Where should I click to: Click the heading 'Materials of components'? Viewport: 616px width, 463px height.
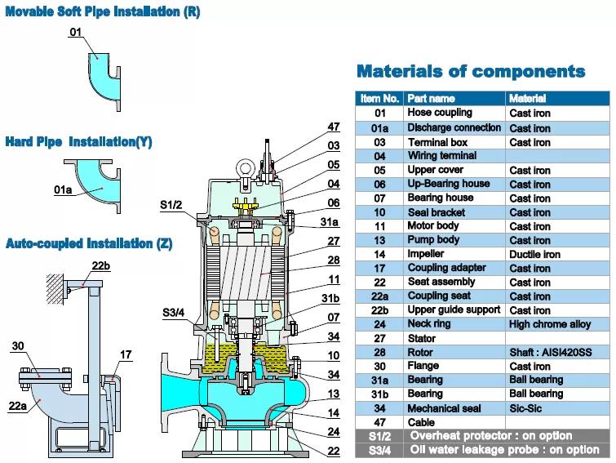[471, 71]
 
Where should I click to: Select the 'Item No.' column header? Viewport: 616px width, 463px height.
[379, 99]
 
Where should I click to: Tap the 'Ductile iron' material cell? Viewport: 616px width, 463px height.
[534, 255]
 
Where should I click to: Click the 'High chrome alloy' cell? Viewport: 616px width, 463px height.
[550, 325]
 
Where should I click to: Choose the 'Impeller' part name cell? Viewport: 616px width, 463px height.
[428, 254]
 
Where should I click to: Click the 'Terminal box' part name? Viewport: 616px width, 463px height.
[438, 142]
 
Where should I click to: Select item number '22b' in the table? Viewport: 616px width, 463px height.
[380, 310]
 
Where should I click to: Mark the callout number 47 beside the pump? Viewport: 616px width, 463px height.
[334, 127]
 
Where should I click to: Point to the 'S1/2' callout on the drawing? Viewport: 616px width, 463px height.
[171, 204]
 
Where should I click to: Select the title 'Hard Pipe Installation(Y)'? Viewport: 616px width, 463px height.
[78, 142]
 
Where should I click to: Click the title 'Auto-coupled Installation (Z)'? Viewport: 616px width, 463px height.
[89, 243]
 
